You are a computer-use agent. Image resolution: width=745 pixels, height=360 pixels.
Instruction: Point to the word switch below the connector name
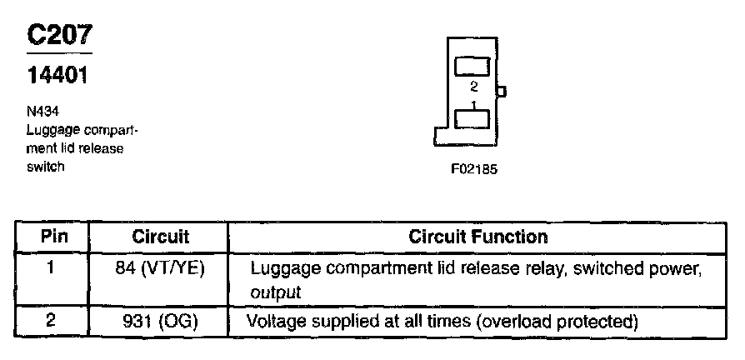coord(45,166)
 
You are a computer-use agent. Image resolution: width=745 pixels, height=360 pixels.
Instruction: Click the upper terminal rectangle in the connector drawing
coord(472,67)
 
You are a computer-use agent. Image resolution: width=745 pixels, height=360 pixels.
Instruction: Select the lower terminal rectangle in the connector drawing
coord(472,119)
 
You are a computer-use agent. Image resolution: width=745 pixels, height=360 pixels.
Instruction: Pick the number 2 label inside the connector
coord(473,87)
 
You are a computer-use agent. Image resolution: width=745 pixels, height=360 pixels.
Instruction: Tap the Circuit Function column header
coord(477,237)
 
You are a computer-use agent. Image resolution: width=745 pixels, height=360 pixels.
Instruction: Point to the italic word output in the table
coord(275,292)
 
